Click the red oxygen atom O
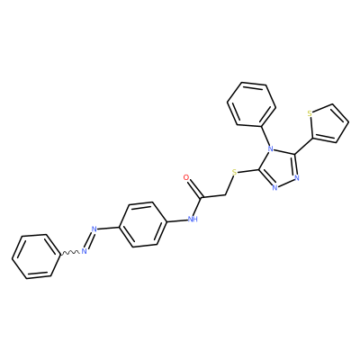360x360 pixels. click(186, 177)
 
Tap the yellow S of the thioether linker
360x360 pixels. click(235, 173)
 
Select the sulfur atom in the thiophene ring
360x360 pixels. click(310, 113)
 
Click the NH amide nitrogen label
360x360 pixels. click(193, 219)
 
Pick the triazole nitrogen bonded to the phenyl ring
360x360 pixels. click(271, 148)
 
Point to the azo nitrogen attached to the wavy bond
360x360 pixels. click(85, 251)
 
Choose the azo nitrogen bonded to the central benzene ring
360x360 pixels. click(94, 229)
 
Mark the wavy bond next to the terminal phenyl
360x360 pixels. click(70, 253)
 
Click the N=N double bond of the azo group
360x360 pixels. click(89, 240)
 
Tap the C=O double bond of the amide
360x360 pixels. click(194, 188)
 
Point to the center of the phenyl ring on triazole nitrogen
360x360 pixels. click(251, 104)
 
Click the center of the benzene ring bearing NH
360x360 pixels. click(143, 224)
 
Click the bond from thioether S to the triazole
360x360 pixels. click(248, 171)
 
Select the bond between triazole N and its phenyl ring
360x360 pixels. click(266, 135)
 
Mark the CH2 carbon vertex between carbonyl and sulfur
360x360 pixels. click(225, 195)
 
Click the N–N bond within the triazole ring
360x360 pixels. click(286, 184)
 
